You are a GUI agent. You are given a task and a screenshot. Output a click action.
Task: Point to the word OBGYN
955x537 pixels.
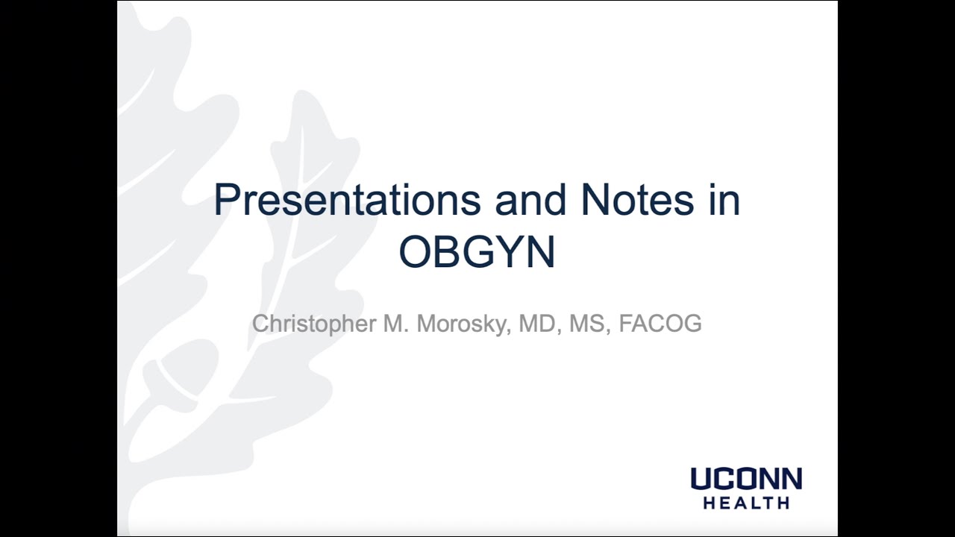pyautogui.click(x=477, y=252)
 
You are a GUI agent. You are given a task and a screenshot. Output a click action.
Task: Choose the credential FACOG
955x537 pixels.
pyautogui.click(x=660, y=324)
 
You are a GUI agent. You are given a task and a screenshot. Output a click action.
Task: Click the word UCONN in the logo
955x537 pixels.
pyautogui.click(x=746, y=479)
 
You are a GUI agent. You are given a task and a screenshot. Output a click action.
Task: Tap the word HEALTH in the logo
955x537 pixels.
pyautogui.click(x=746, y=503)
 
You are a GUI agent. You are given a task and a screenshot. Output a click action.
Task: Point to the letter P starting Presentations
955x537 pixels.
pyautogui.click(x=225, y=200)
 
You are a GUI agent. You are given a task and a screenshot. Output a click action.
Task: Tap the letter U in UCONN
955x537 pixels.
pyautogui.click(x=701, y=479)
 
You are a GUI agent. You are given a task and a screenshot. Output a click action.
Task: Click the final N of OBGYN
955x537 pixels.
pyautogui.click(x=541, y=252)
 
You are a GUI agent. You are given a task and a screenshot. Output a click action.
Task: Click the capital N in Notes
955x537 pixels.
pyautogui.click(x=595, y=200)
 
